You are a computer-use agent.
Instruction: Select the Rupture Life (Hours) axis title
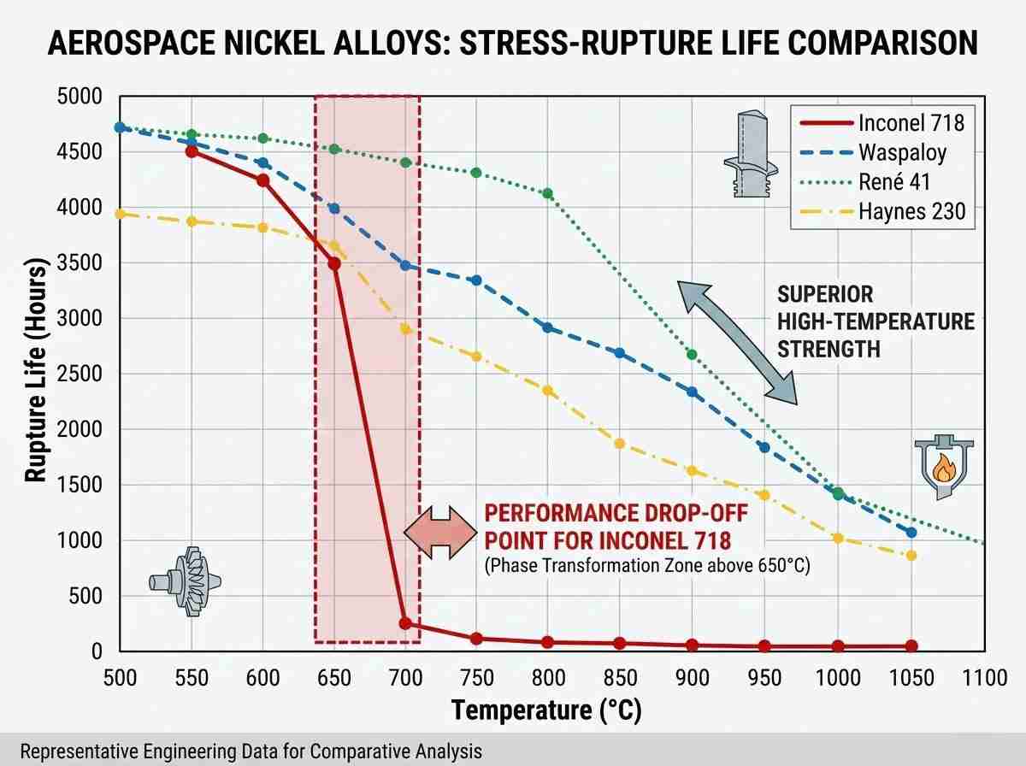[35, 374]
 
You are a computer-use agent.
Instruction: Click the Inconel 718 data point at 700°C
[405, 623]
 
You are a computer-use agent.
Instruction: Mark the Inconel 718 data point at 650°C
[334, 264]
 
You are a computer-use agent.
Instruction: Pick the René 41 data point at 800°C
[548, 193]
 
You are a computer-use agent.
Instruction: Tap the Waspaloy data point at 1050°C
[911, 532]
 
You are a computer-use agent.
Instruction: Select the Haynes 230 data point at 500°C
[121, 214]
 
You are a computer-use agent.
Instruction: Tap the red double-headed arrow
[439, 532]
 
